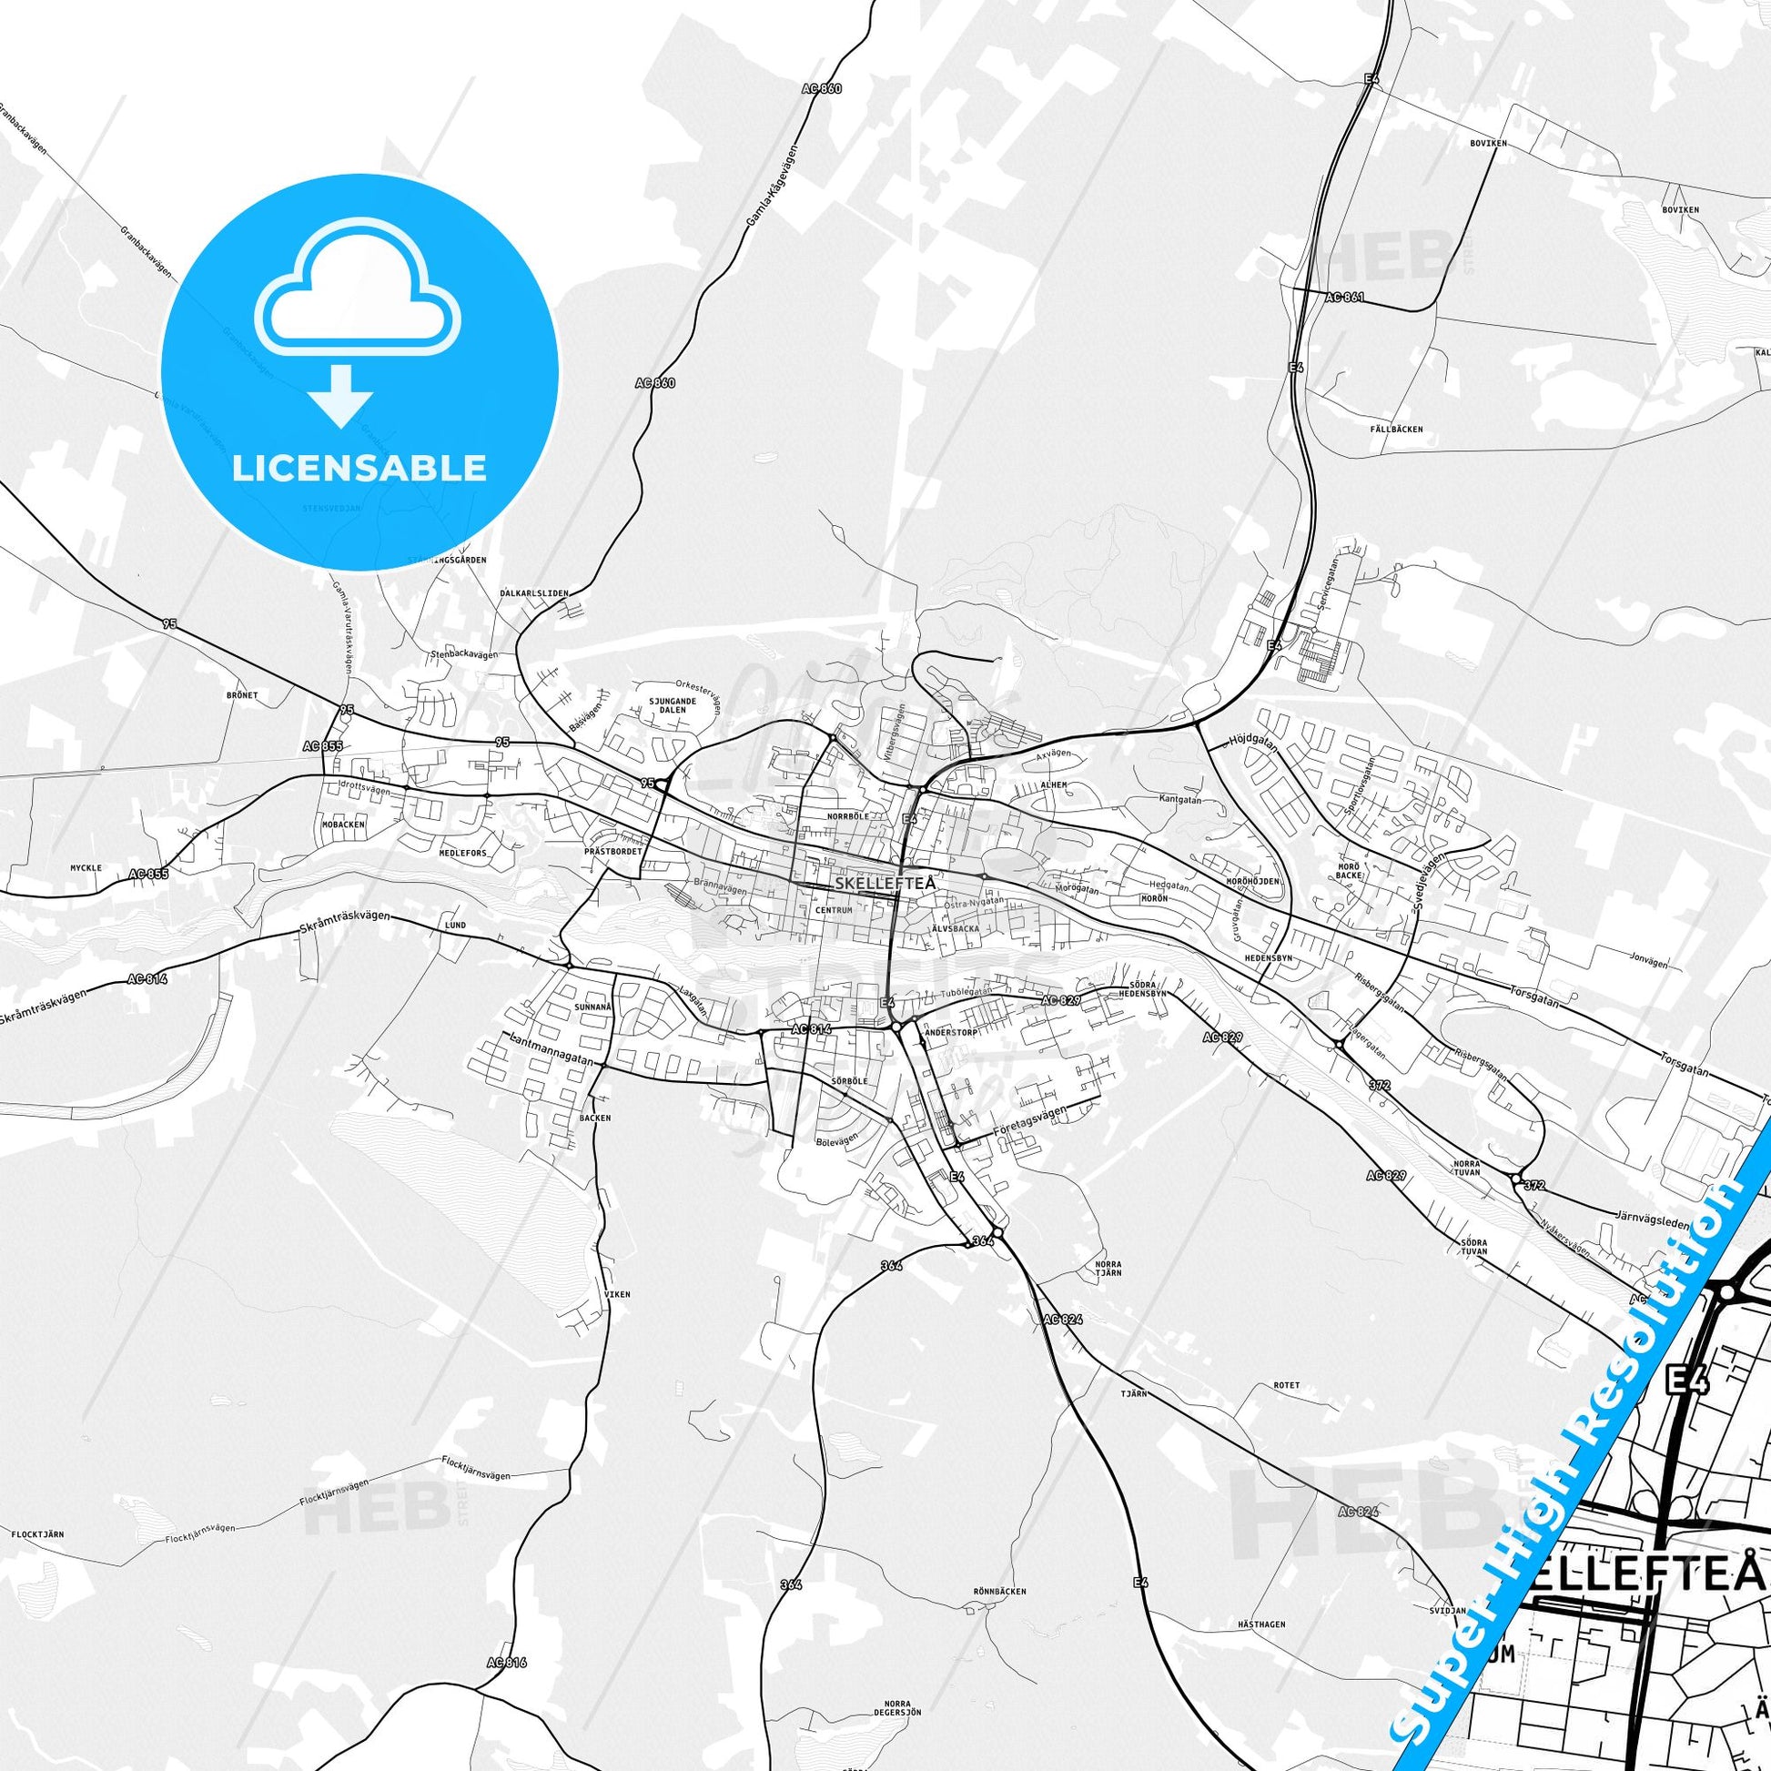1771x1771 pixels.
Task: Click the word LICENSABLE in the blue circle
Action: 359,469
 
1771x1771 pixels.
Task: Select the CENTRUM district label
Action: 835,910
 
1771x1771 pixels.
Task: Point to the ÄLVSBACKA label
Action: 956,928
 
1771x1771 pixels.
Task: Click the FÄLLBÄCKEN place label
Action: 1397,429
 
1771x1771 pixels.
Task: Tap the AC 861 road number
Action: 1345,297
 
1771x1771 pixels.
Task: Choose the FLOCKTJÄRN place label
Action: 37,1533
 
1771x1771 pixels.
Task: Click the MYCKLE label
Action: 86,867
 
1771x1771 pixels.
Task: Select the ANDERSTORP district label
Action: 952,1032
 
